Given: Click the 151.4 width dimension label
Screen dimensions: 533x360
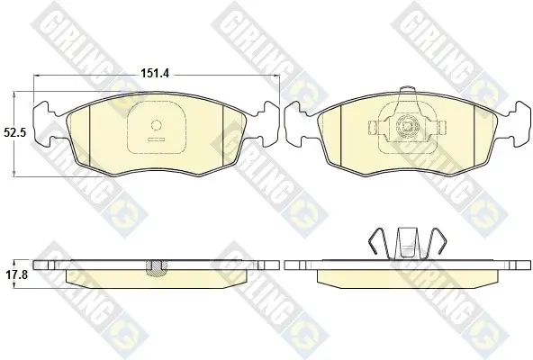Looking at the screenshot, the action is (156, 73).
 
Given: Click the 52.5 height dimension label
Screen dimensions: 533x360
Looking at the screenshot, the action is (15, 132).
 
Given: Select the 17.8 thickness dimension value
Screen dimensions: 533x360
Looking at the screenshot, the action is (16, 275).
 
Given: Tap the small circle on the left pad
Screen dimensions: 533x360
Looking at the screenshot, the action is (157, 125).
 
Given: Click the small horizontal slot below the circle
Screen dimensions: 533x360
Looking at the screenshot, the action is (157, 139).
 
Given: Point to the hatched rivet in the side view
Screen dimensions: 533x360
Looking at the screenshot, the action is (157, 267).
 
